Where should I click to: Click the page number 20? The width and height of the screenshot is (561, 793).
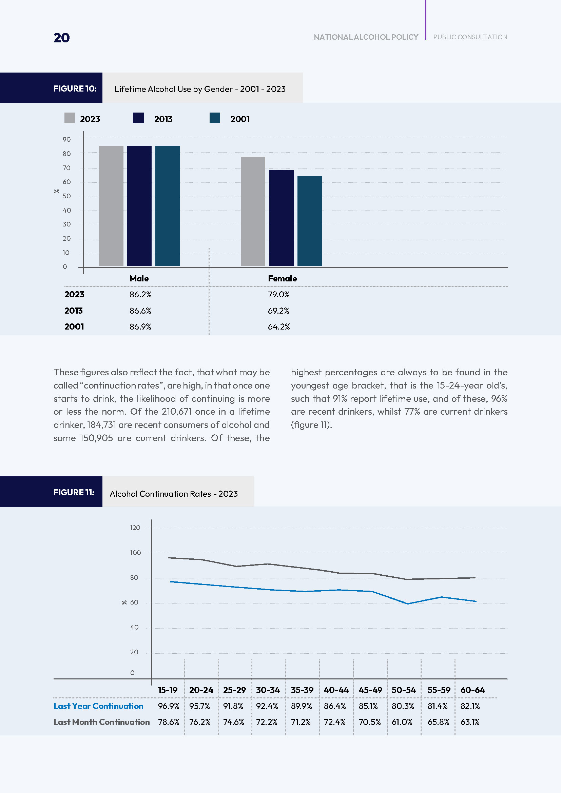coord(61,38)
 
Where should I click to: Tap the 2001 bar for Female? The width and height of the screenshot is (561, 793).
coord(309,221)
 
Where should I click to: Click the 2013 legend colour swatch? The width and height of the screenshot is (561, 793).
coord(138,118)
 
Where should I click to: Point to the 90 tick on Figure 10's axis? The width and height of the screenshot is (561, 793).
coord(67,140)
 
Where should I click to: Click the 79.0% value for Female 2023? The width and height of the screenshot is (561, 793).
coord(278,295)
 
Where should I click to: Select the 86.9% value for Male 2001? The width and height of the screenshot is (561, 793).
coord(140,327)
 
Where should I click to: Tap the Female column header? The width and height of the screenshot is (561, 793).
coord(282,279)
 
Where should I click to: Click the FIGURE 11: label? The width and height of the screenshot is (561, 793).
coord(74,492)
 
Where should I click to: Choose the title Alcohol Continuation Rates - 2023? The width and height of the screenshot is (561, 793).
coord(173,494)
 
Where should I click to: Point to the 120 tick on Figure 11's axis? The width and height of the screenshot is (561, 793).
coord(135,528)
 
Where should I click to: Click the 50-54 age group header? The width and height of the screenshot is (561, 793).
coord(404,690)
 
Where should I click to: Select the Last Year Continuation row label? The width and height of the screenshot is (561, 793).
coord(98,706)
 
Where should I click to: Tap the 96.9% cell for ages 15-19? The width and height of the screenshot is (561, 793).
coord(169,706)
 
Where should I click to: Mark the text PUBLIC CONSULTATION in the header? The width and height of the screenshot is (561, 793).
coord(470,37)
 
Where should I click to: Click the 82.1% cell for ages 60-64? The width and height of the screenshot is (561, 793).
coord(470,706)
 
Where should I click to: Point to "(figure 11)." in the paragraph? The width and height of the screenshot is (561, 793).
coord(311,425)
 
